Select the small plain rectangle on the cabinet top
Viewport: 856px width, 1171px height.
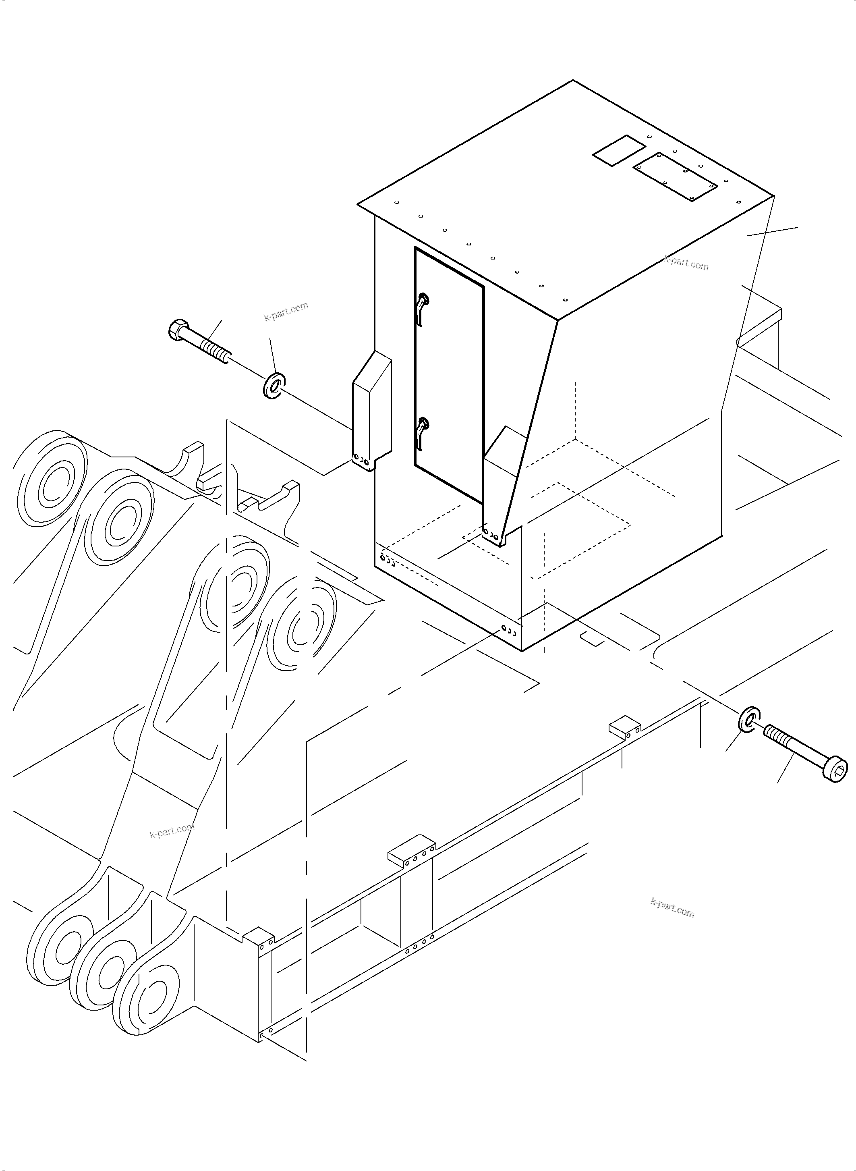[x=619, y=150]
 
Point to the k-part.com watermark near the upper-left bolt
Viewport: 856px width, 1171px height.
[x=286, y=311]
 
